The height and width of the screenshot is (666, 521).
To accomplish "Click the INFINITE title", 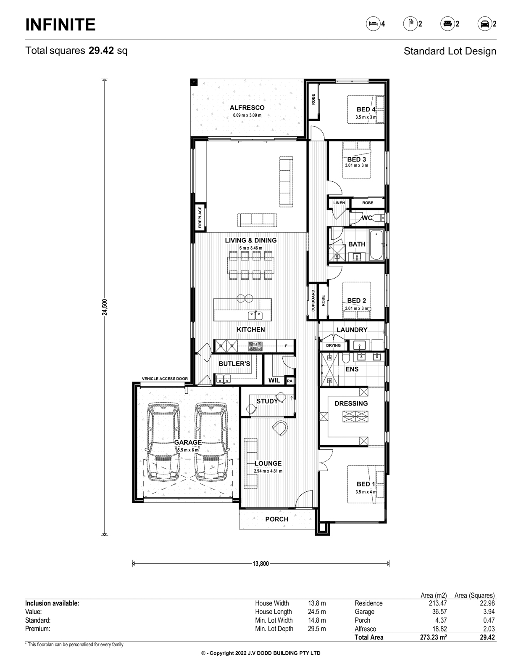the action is click(60, 24).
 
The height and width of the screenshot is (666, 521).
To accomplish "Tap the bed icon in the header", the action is click(373, 24).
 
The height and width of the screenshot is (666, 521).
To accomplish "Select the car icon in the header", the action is click(484, 24).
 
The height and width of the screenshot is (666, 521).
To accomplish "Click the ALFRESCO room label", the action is click(247, 108).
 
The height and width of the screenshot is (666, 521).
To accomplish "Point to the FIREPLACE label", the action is click(200, 217).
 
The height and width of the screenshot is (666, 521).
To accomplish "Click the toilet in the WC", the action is click(380, 218).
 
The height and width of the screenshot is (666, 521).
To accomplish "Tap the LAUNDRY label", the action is click(352, 330).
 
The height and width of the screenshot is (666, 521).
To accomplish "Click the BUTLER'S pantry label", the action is click(234, 364).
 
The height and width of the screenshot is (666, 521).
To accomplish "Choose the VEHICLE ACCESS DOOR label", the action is click(165, 379).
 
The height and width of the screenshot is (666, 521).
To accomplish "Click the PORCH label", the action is click(277, 519).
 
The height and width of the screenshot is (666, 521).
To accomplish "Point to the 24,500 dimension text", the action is click(105, 307).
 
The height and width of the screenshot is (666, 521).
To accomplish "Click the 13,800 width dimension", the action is click(260, 564).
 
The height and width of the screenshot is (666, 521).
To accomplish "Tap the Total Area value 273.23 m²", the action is click(433, 637).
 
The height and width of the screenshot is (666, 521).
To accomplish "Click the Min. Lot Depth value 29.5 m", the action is click(317, 629).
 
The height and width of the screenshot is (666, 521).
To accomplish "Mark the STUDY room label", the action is click(267, 401).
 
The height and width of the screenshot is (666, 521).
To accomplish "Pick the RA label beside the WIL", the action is click(290, 381).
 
